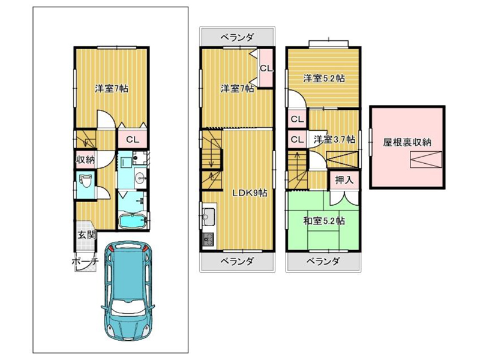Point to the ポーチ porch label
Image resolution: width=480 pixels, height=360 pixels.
[85, 262]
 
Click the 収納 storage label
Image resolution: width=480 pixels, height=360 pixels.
[85, 160]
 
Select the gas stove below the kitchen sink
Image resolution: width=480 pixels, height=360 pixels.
[208, 239]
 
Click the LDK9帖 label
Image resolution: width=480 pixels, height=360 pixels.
[249, 193]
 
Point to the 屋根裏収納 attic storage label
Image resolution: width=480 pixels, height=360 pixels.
[407, 142]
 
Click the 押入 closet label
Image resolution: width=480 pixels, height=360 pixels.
[344, 180]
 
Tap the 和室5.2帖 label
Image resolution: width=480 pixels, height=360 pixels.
[324, 221]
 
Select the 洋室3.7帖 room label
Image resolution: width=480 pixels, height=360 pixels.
[334, 140]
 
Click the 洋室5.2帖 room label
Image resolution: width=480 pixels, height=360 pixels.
[324, 79]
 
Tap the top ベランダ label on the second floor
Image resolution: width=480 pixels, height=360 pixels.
[237, 37]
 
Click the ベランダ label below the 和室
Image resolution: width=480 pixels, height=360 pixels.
[323, 261]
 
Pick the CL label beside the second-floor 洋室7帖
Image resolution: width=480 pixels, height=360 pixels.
[266, 68]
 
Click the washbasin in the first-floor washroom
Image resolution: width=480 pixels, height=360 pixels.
[140, 176]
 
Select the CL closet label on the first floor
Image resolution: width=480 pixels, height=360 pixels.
[133, 140]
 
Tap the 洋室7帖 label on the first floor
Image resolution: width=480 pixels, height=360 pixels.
[112, 89]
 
